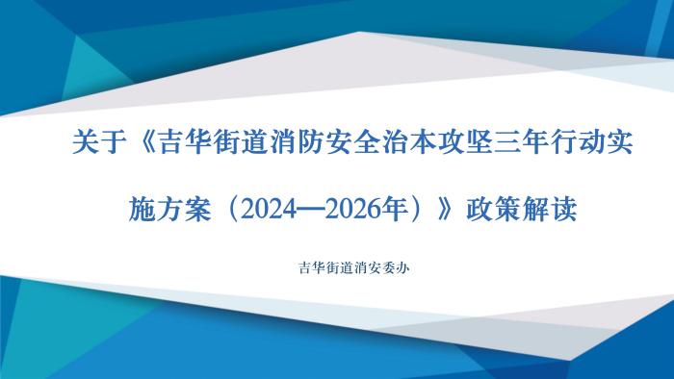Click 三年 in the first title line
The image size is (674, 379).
(522, 146)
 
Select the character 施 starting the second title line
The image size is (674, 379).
(143, 207)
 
